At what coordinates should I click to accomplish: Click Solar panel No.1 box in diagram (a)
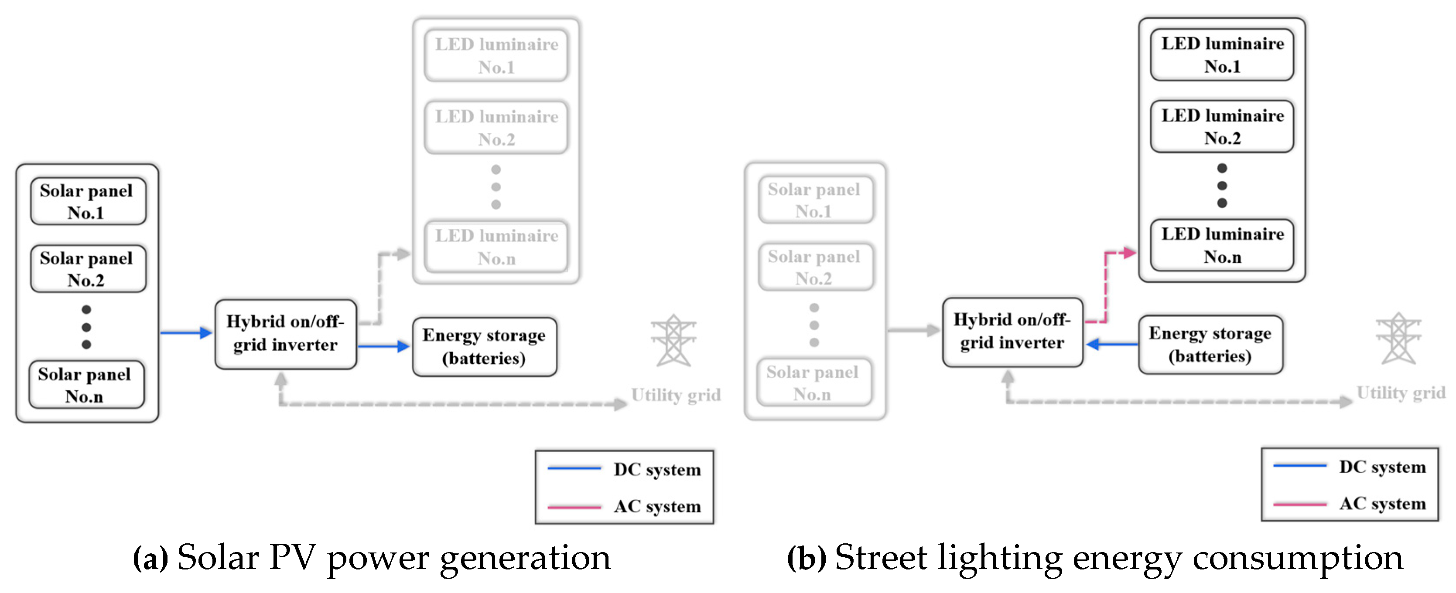coord(88,202)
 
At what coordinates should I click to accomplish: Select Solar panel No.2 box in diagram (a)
coord(88,269)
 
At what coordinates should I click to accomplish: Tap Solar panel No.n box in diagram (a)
coord(86,385)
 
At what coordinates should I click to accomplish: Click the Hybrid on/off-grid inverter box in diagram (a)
coord(285,334)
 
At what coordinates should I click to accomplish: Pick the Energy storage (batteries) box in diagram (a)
coord(485,347)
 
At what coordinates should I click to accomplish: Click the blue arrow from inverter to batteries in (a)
coord(384,346)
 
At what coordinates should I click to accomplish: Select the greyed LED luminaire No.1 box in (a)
coord(496,55)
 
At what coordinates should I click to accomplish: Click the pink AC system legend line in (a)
coord(574,507)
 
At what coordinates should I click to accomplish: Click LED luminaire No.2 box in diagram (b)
coord(1222,126)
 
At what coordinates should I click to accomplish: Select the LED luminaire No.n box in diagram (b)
coord(1222,245)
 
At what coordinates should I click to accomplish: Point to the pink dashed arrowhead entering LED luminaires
coord(1130,253)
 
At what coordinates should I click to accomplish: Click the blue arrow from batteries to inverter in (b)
coord(1112,344)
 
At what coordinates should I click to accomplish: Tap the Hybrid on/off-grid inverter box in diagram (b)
coord(1012,332)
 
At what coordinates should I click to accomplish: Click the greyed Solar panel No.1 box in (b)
coord(816,200)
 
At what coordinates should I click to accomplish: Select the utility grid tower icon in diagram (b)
coord(1398,338)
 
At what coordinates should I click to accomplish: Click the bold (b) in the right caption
coord(807,559)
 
